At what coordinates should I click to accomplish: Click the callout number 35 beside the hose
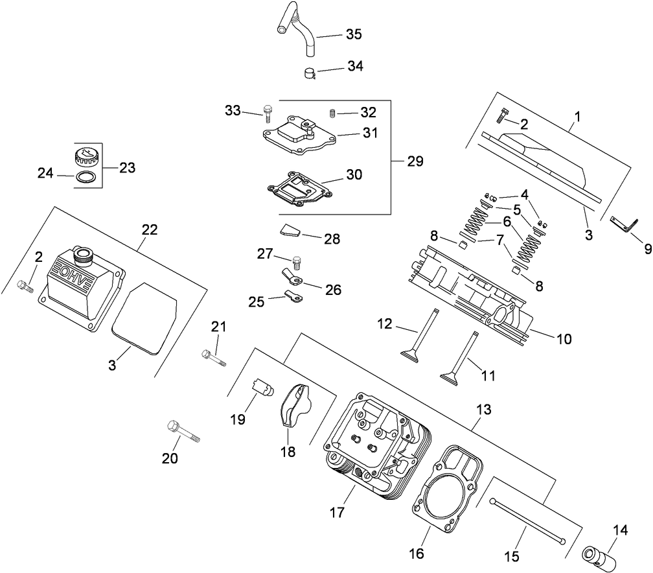(x=354, y=34)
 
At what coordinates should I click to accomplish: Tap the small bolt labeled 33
(x=267, y=114)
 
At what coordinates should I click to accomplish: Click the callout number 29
(x=415, y=161)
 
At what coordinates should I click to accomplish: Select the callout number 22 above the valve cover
(x=150, y=229)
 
